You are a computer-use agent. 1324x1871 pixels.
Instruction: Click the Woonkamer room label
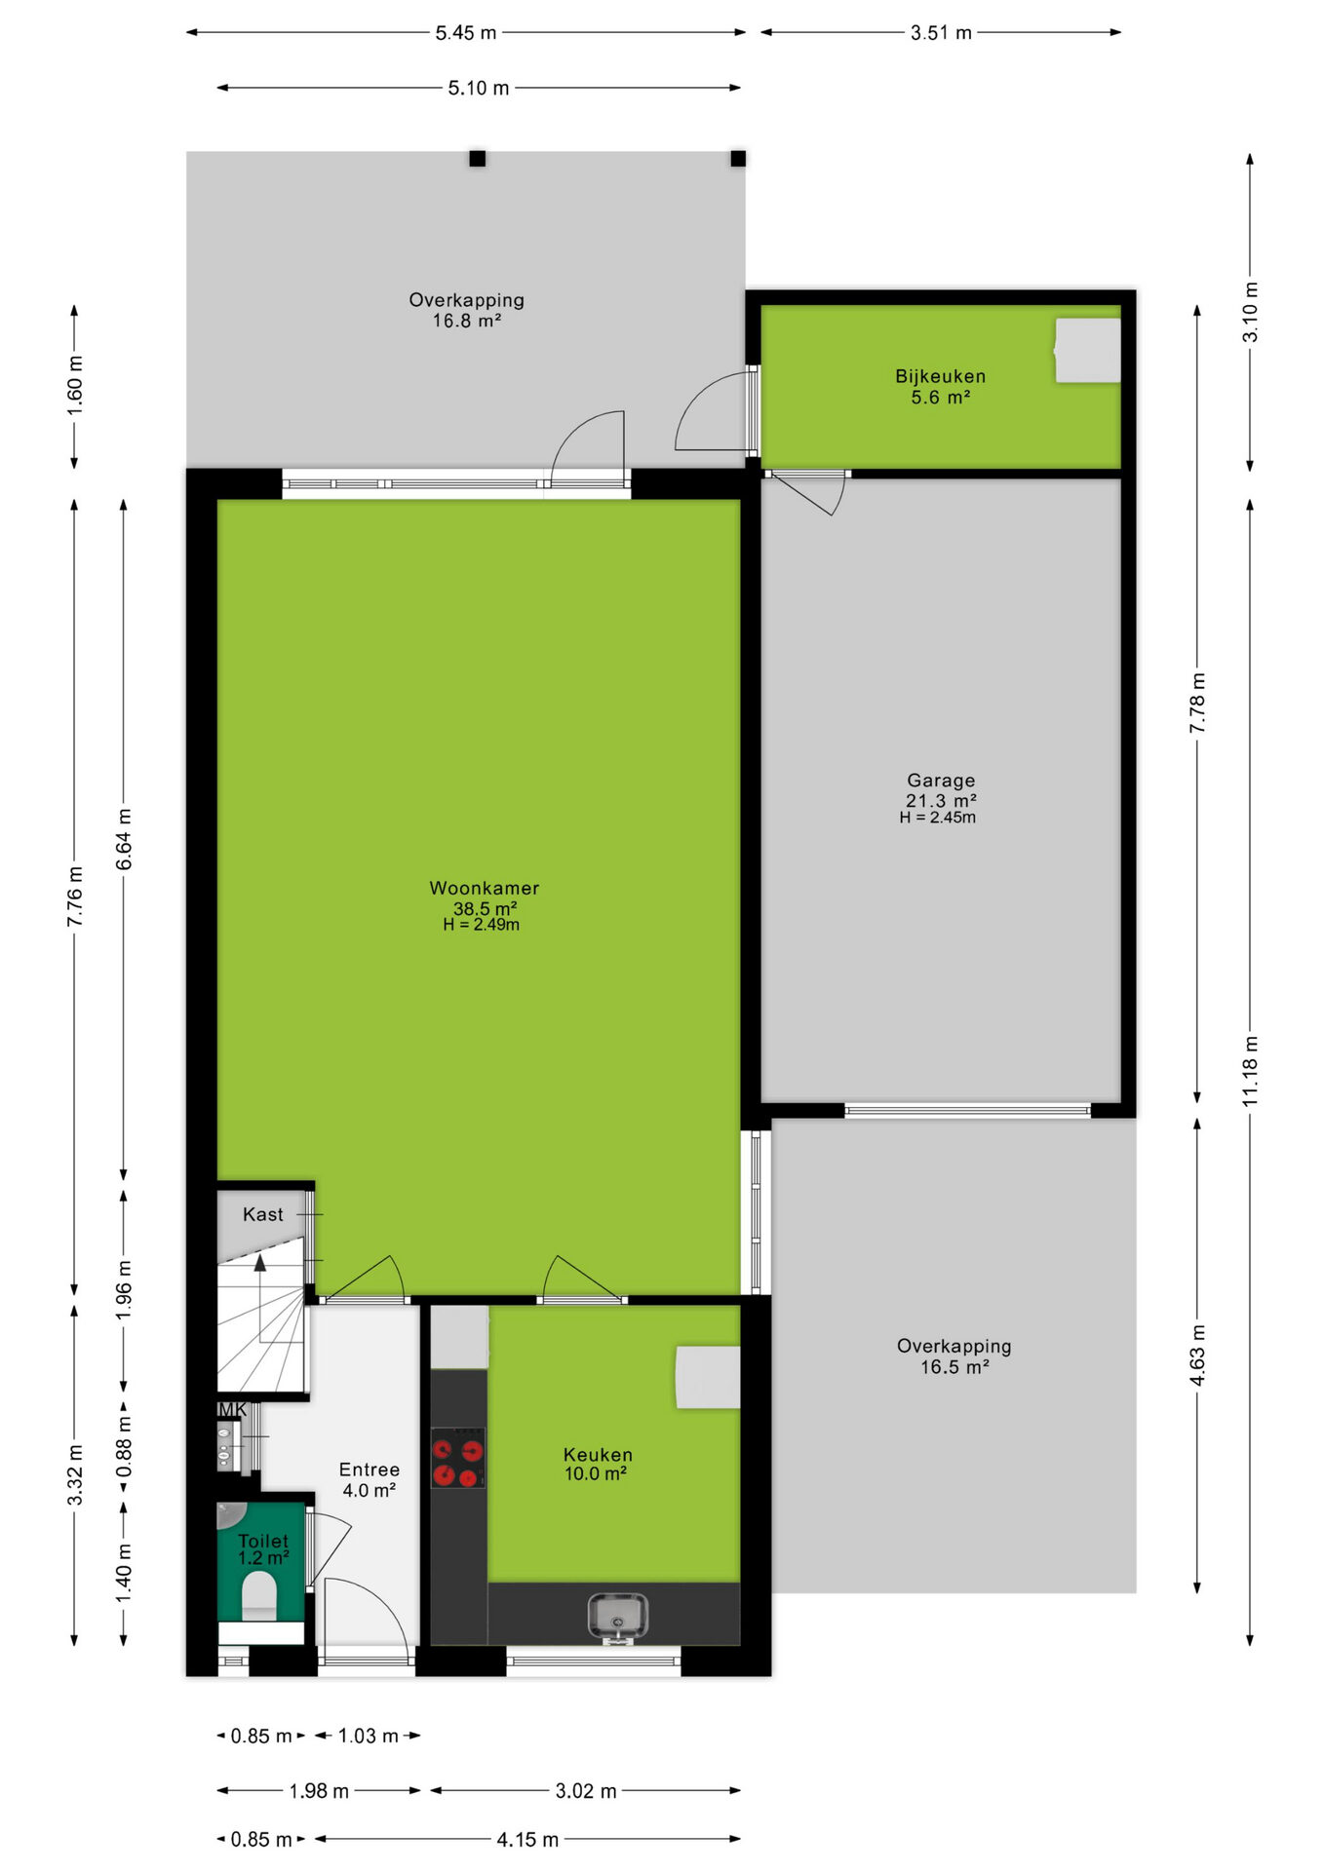coord(484,888)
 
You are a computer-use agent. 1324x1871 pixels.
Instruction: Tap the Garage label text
coord(941,781)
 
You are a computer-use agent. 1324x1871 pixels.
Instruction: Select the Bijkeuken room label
coord(940,376)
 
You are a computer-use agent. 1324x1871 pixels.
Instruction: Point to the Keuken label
coord(598,1455)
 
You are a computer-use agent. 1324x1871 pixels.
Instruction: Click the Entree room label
coord(370,1470)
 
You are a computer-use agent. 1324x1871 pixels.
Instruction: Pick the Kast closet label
coord(263,1214)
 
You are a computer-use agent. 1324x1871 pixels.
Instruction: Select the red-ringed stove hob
coord(458,1458)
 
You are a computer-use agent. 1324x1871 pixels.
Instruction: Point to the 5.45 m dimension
coord(466,32)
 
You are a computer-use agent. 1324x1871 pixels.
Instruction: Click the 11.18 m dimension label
coord(1251,1070)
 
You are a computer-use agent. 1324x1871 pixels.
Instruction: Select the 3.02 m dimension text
coord(586,1791)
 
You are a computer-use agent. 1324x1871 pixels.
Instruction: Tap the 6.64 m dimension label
coord(124,839)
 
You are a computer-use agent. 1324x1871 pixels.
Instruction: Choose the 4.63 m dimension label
coord(1198,1355)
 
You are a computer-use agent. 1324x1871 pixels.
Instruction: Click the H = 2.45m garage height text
coord(938,818)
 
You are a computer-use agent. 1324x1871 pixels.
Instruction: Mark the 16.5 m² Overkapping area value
coord(954,1367)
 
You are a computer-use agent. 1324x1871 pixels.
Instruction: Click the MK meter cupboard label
coord(233,1409)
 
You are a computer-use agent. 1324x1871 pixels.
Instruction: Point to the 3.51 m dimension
coord(941,32)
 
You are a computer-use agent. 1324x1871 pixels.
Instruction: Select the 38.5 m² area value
coord(485,908)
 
